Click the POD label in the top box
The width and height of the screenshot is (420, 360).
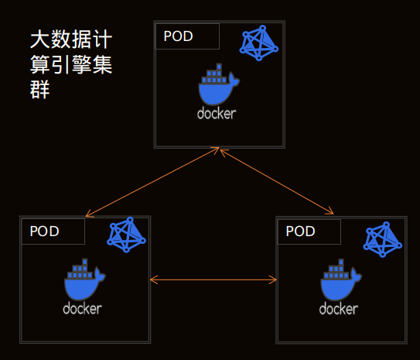178,36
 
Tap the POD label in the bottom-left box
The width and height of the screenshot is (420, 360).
44,231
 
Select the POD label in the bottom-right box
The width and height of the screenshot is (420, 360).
300,231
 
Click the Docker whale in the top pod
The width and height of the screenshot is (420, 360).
219,84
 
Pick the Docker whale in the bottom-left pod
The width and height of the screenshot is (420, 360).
84,279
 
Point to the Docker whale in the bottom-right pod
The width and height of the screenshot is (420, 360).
340,279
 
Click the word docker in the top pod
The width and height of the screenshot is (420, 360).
217,114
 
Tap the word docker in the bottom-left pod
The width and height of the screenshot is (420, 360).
82,309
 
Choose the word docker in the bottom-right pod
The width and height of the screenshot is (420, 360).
339,309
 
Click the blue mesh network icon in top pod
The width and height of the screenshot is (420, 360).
259,43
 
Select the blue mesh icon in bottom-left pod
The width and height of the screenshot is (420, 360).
126,235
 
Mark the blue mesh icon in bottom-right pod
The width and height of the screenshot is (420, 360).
383,239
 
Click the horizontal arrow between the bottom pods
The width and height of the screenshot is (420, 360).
213,279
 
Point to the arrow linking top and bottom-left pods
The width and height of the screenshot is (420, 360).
152,182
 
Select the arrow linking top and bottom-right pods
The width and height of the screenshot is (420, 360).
277,182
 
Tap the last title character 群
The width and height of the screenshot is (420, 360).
40,90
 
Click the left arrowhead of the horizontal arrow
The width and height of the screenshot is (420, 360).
153,279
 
